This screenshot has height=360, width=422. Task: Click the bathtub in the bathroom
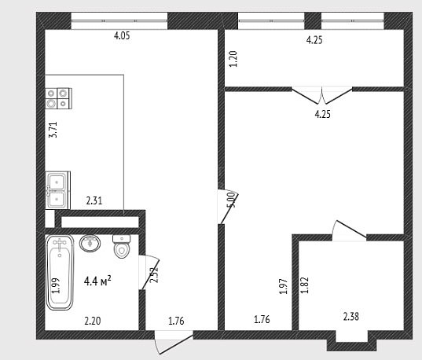tap(60, 272)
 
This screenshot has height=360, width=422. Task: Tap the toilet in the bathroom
tap(122, 246)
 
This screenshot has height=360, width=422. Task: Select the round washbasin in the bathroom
tap(90, 243)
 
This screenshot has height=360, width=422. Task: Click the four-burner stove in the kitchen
tap(58, 98)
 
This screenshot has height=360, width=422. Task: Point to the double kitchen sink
tap(58, 190)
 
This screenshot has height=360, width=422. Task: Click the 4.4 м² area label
tap(97, 281)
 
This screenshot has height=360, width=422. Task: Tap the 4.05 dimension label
tap(122, 35)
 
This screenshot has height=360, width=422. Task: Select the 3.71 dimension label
tap(53, 130)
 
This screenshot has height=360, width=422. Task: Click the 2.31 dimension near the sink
tap(94, 200)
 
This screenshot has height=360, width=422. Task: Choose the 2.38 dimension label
tap(351, 317)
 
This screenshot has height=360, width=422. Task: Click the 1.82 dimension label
tap(305, 285)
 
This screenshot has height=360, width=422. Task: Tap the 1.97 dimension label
tap(284, 286)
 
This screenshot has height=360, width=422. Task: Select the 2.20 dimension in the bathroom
tap(93, 321)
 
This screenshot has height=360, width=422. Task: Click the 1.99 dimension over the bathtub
tap(56, 285)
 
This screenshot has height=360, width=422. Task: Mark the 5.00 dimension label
tap(232, 200)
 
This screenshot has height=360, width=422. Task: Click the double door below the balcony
tap(322, 95)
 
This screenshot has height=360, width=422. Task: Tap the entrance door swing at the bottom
tap(174, 343)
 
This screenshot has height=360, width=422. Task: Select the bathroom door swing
tap(149, 272)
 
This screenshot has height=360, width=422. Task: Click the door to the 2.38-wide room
tap(350, 230)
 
